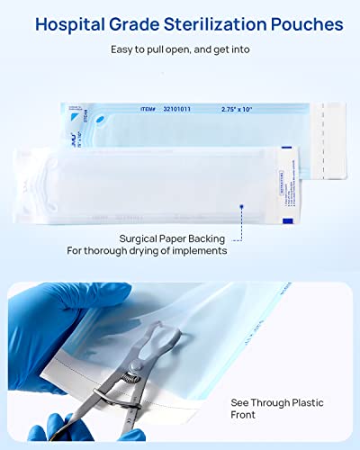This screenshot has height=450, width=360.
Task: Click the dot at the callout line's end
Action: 241,206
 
